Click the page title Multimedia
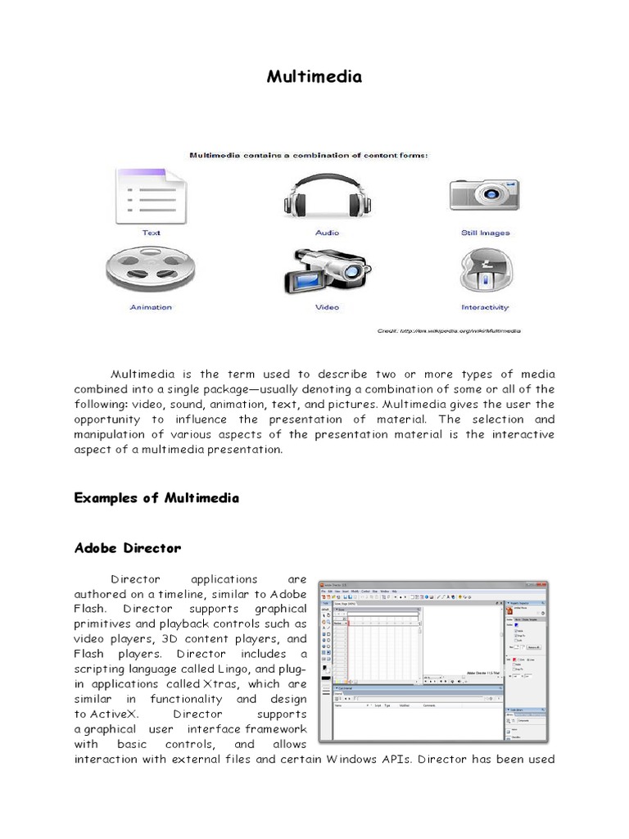[314, 77]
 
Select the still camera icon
[485, 193]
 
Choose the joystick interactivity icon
[485, 270]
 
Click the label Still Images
[485, 233]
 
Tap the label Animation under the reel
[151, 307]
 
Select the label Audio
[327, 233]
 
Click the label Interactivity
[485, 307]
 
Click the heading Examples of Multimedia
[156, 498]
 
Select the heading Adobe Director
[128, 547]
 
